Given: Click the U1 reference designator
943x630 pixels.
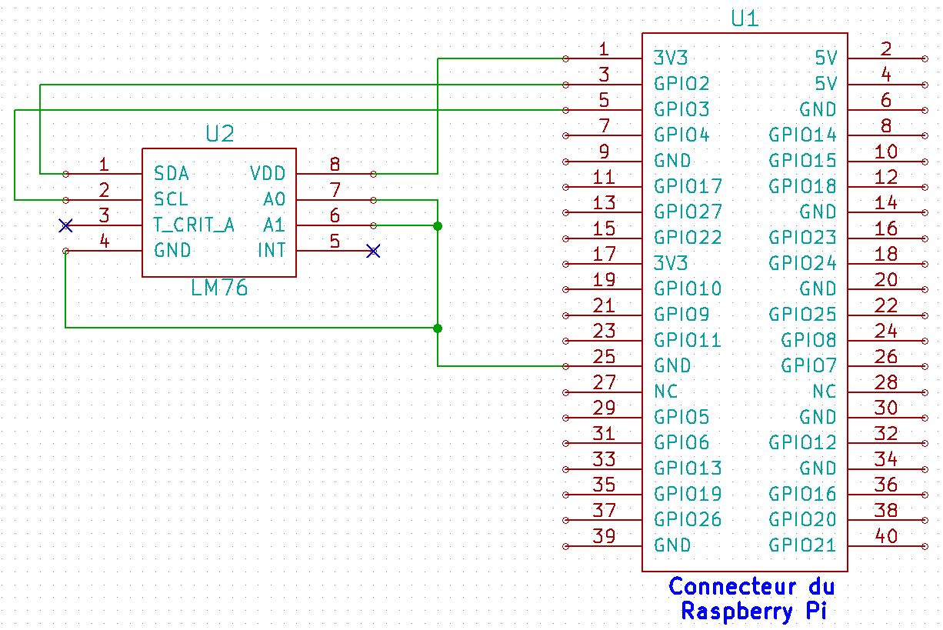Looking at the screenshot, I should [744, 18].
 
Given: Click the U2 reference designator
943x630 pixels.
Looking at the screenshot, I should [219, 135].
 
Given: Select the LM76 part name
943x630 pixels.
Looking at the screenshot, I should [219, 289].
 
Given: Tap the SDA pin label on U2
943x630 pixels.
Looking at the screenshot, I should [172, 173].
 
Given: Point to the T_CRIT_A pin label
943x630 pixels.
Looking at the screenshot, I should [194, 225].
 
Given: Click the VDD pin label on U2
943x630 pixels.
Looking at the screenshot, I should [268, 173].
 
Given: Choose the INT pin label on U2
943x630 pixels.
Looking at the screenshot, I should [272, 251].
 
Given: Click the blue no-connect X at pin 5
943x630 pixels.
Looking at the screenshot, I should [373, 251].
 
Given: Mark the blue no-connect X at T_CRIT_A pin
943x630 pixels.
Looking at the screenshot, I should [66, 225].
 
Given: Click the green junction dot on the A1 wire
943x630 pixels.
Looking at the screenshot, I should [438, 225].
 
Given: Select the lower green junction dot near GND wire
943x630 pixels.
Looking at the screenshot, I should [438, 328].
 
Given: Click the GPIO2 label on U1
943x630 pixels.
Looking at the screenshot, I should [681, 84].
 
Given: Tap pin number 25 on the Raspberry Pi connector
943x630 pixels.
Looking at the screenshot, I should [605, 357].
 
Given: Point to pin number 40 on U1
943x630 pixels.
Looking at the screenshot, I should [886, 536].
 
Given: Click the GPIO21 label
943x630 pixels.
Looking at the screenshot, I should [802, 545].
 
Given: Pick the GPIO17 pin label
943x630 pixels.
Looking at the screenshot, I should [688, 186].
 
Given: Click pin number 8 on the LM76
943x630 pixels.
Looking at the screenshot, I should [335, 164].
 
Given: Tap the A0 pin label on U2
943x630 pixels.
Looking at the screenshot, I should [275, 200].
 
